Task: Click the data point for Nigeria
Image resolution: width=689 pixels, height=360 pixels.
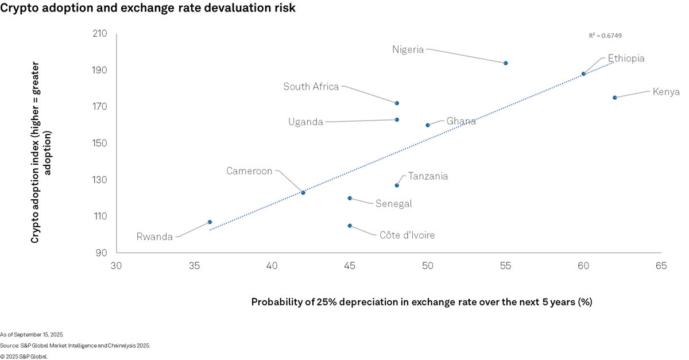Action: (x=505, y=63)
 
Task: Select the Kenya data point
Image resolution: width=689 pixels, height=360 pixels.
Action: (x=614, y=98)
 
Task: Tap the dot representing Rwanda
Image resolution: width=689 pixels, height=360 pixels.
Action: (x=210, y=222)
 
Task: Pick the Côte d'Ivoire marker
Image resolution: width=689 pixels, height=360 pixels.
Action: (x=350, y=226)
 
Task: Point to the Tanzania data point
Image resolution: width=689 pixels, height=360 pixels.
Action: (x=397, y=185)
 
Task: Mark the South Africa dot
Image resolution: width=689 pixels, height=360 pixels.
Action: (x=397, y=103)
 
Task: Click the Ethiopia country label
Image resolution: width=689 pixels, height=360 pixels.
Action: (x=626, y=59)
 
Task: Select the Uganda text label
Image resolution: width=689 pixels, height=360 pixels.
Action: (x=305, y=122)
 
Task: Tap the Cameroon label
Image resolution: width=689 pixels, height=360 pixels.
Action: (x=249, y=171)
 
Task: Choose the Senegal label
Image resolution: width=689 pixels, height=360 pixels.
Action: (x=393, y=204)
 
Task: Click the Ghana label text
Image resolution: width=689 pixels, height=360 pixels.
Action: (x=461, y=121)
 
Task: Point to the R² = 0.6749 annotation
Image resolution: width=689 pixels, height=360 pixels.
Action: (x=605, y=36)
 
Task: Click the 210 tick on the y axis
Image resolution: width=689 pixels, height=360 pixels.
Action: (x=100, y=33)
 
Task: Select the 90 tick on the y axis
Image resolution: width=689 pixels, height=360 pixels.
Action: (x=102, y=253)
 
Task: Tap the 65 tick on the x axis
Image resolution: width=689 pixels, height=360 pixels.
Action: (x=661, y=266)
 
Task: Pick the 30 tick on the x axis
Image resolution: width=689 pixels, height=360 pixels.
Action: (x=116, y=266)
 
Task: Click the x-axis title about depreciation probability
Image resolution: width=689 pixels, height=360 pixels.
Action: (x=421, y=302)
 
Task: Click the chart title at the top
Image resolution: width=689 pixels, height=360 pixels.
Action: (x=149, y=8)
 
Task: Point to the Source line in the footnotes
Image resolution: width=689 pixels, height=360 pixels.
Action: (x=75, y=346)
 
